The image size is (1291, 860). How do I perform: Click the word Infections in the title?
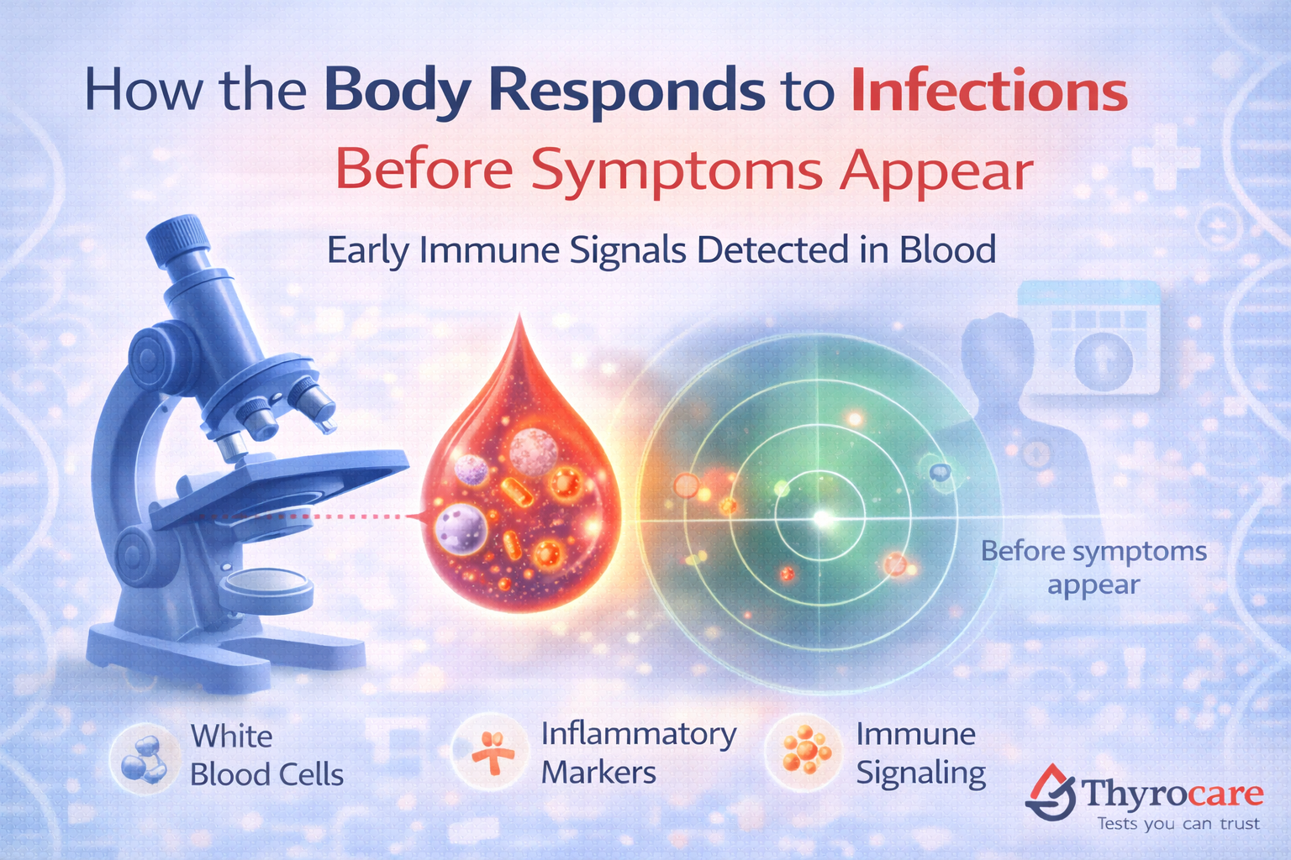[x=988, y=92]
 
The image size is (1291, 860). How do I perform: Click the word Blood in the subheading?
[x=947, y=250]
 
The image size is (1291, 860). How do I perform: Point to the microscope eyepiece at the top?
[x=178, y=236]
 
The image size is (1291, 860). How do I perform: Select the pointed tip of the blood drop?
[x=521, y=323]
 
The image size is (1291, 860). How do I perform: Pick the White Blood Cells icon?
[x=144, y=755]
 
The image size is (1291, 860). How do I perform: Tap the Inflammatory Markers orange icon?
[x=493, y=752]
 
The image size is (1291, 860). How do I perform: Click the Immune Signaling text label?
[x=920, y=753]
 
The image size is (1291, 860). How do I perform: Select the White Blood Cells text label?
[x=266, y=755]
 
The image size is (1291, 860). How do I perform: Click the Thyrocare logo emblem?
[x=1051, y=792]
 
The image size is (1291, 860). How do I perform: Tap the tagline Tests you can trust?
[x=1178, y=824]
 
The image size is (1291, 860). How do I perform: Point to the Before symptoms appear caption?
[x=1093, y=568]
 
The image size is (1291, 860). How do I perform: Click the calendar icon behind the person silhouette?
[x=1089, y=340]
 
